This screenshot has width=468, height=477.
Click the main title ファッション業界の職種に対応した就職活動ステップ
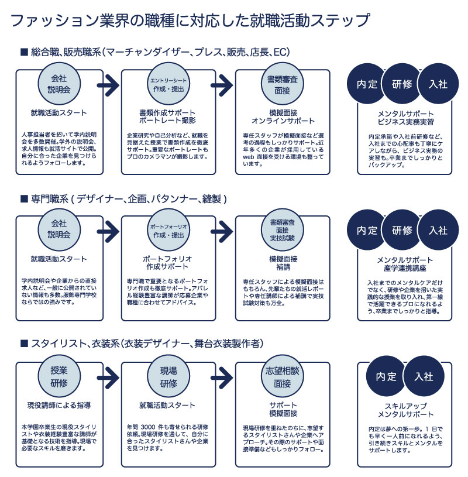coord(191,20)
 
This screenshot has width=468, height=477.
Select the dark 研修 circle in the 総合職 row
coord(402,84)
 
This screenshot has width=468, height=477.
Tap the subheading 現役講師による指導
coord(58,405)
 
